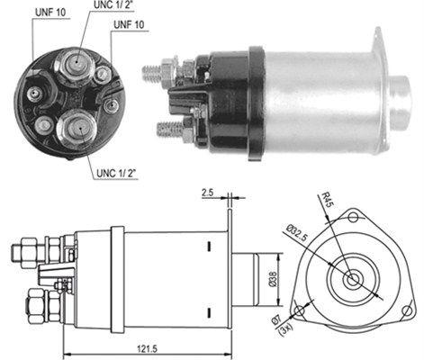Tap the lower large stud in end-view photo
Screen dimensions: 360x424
coord(73,128)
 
